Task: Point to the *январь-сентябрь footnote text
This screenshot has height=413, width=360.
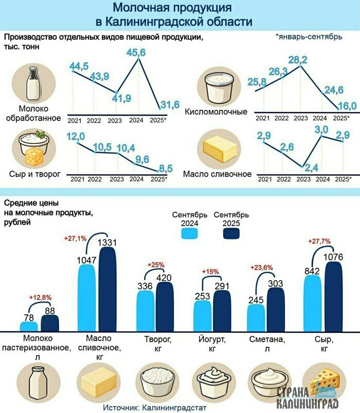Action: click(308, 37)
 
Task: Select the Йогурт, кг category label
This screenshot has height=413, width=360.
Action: click(210, 344)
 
